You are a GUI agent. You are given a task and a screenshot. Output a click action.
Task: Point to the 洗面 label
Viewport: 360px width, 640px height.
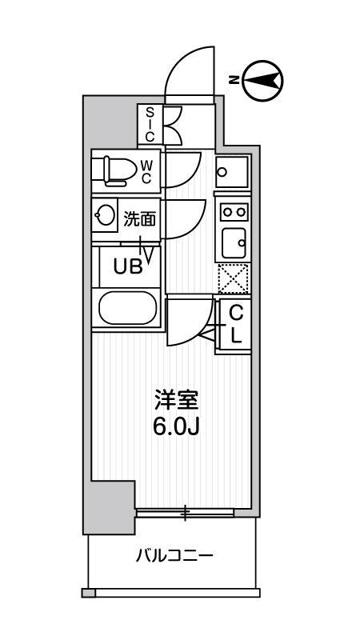pos(139,216)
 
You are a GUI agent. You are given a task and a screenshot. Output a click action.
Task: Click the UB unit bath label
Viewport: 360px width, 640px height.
pos(127,266)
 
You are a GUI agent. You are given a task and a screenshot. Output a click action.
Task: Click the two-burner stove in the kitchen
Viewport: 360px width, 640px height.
pos(233,212)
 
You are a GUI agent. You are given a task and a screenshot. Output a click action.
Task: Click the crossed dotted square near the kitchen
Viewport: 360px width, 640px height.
pos(232,278)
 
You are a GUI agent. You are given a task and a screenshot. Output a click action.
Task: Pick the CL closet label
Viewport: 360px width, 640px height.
pos(236,325)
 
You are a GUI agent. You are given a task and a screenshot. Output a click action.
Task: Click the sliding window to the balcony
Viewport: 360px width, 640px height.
pos(186,514)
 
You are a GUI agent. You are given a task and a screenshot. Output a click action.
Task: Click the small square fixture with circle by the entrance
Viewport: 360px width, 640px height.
pos(225,171)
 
